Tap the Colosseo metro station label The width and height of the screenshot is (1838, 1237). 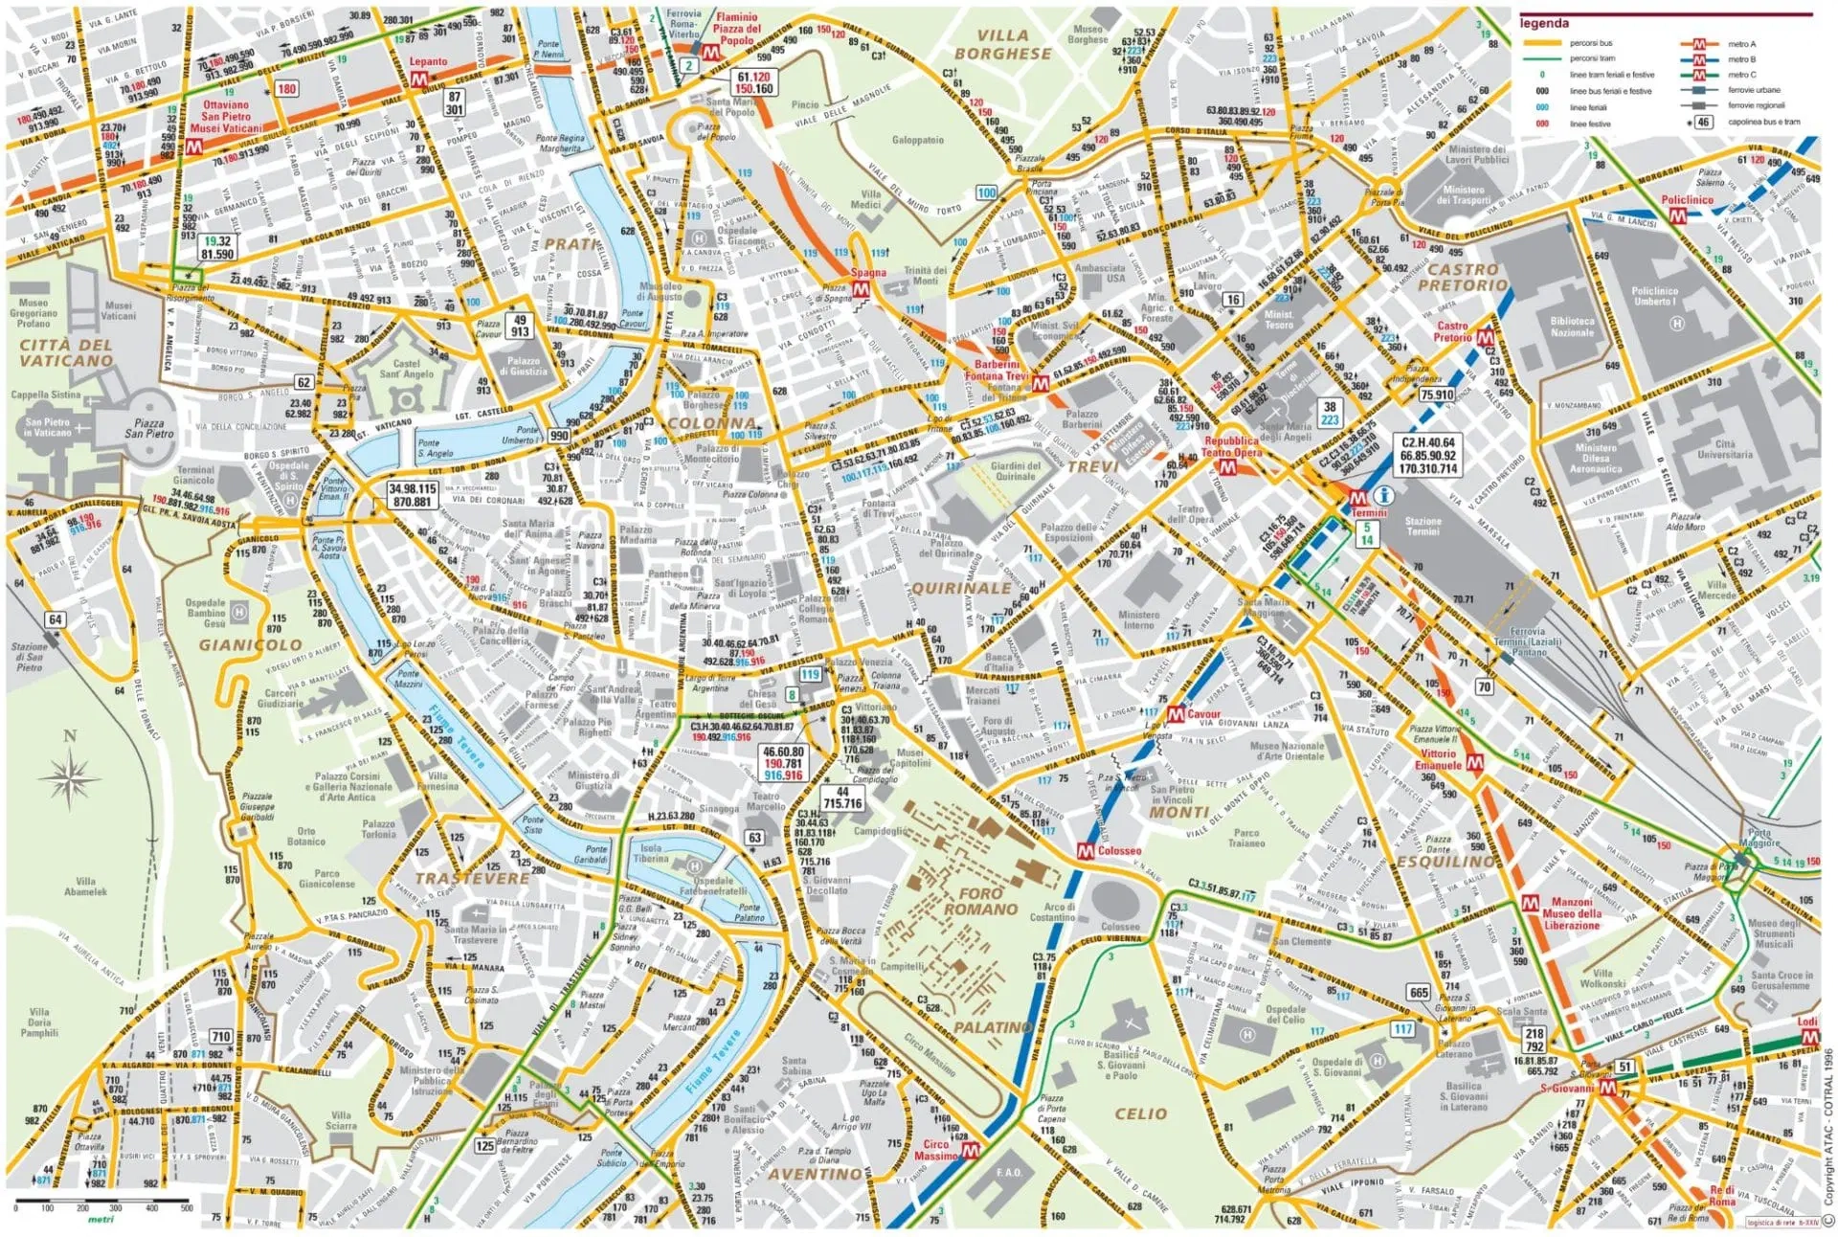(x=1118, y=850)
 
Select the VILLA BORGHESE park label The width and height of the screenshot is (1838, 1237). (x=1002, y=45)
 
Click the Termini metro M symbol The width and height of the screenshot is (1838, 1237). (x=1357, y=499)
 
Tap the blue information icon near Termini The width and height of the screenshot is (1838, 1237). (x=1382, y=495)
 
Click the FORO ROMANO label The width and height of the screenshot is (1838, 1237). (x=980, y=901)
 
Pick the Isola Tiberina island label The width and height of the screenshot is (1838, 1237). (x=650, y=853)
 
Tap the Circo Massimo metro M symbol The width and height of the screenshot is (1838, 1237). (x=970, y=1150)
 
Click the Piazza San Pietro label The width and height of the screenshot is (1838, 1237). (x=148, y=428)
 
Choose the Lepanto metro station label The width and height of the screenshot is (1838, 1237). (x=428, y=62)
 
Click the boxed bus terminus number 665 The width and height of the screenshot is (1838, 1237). (x=1418, y=993)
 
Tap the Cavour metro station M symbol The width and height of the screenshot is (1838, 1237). (x=1176, y=714)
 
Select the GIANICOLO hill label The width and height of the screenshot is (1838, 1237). (x=250, y=645)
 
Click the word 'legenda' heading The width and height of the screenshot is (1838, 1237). (x=1543, y=23)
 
